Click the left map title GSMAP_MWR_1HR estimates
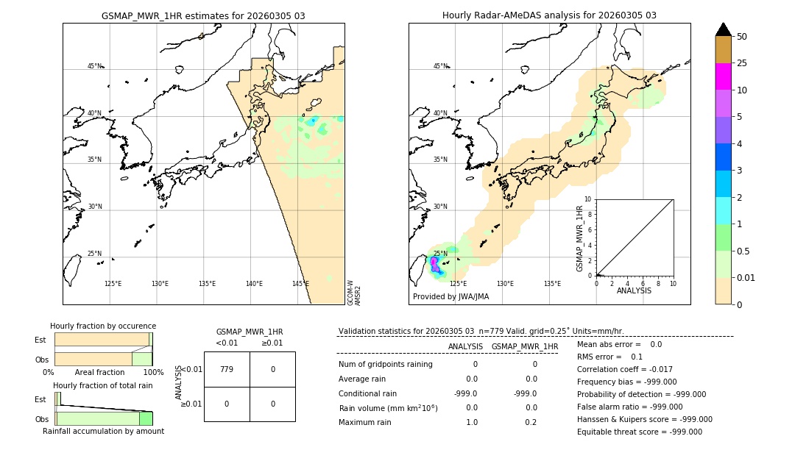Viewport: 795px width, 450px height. tap(203, 15)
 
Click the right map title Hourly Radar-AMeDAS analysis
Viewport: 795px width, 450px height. tap(549, 15)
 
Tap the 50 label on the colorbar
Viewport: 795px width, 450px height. tap(742, 37)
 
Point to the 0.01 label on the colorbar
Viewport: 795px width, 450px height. tap(747, 277)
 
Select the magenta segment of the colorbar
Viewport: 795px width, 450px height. tap(723, 76)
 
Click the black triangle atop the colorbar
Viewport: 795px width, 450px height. tap(723, 29)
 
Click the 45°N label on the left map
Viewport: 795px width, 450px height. tap(94, 66)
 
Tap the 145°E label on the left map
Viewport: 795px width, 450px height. tap(300, 284)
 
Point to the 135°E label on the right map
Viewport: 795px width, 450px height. tap(552, 284)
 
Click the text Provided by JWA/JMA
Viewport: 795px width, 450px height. tap(451, 297)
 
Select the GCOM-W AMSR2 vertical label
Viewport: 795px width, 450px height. tap(354, 292)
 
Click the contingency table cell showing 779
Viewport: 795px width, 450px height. tap(227, 369)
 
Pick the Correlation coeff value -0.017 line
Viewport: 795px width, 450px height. tap(624, 370)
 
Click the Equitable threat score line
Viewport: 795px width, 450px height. tap(639, 432)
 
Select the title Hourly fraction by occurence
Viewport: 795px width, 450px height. tap(103, 326)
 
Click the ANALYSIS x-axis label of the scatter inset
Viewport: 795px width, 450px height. tap(634, 290)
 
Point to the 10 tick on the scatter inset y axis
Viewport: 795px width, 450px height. tap(587, 199)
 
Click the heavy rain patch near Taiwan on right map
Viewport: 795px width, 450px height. tap(435, 265)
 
